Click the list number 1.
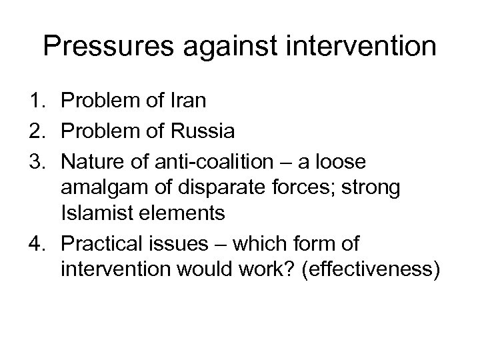tap(35, 101)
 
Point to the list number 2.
tap(35, 131)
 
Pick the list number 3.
tap(35, 161)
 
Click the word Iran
tap(189, 101)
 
